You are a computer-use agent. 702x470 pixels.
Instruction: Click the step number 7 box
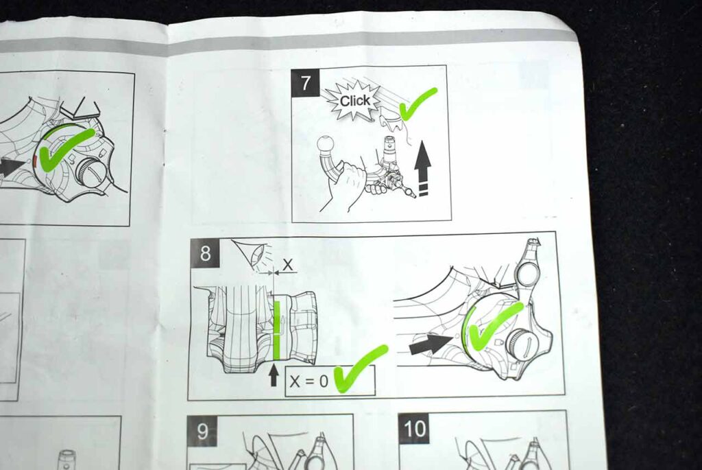[306, 83]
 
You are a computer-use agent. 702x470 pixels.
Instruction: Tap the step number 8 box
[205, 254]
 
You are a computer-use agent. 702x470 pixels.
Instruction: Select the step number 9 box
[202, 431]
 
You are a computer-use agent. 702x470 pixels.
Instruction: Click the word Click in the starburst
[355, 101]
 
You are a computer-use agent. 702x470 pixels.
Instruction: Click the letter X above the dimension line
[287, 265]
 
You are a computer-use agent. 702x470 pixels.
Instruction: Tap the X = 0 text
[309, 381]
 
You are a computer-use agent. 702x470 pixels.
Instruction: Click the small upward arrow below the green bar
[274, 376]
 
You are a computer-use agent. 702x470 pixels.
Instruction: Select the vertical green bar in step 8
[277, 330]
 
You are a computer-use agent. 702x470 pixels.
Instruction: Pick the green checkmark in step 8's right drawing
[492, 326]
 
